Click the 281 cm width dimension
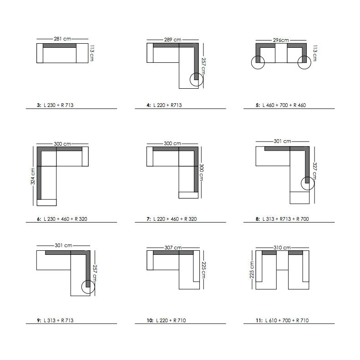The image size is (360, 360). [62, 39]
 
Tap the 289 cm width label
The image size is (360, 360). [172, 40]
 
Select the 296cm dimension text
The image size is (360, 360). [281, 40]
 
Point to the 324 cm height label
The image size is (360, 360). [33, 176]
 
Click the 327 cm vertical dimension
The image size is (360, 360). [314, 171]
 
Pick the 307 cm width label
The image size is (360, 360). [173, 248]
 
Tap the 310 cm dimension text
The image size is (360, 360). [282, 248]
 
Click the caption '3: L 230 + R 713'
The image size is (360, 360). [55, 105]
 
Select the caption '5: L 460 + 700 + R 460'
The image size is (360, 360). [281, 105]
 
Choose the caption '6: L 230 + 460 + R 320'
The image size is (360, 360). [62, 219]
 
